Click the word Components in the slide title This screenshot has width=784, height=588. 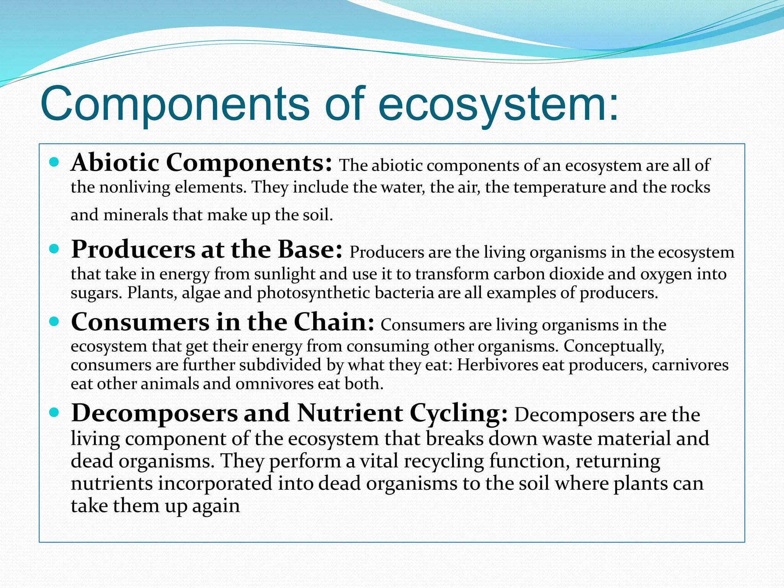[175, 104]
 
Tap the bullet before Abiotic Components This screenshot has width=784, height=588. [54, 162]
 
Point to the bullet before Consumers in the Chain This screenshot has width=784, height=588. [54, 322]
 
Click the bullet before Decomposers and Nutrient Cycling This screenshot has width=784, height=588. [54, 413]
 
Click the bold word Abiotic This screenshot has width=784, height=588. [115, 163]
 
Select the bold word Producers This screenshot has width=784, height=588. [133, 250]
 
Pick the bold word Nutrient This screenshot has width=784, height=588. [350, 413]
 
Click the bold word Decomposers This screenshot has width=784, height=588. [155, 413]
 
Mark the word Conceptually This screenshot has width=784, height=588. [614, 346]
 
